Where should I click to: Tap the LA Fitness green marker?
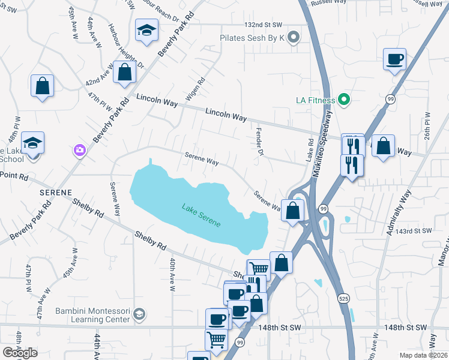coord(344,100)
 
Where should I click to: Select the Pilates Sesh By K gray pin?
coord(294,38)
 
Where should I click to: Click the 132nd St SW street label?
coord(263,25)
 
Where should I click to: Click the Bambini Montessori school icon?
coord(139,314)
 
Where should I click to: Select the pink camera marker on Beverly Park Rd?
coord(79,150)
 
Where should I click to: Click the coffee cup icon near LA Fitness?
coord(394,59)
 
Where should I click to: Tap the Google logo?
coord(20,353)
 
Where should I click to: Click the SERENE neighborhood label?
coord(56,193)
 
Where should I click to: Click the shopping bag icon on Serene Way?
coord(293,211)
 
